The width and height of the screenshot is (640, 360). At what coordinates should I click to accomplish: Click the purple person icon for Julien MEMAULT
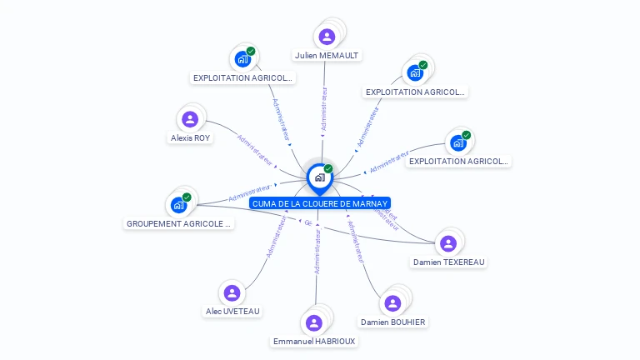[327, 37]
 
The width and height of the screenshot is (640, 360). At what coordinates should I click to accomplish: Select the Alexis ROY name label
[191, 138]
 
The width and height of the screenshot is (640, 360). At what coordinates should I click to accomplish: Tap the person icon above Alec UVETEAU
[232, 293]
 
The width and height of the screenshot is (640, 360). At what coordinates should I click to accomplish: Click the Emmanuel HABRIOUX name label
[314, 341]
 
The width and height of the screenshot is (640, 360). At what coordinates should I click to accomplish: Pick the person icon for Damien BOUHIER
[392, 304]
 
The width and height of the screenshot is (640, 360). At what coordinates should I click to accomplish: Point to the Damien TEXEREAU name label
[448, 262]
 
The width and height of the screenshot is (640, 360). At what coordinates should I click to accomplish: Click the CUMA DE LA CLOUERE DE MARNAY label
[320, 203]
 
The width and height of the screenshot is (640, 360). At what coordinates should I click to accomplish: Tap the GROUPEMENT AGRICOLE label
[179, 224]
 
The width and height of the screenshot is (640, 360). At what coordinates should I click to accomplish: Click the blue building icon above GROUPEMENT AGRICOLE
[178, 205]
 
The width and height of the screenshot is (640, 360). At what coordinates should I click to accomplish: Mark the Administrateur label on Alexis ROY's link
[255, 147]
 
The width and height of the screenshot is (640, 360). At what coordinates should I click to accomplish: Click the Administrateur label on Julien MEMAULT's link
[323, 108]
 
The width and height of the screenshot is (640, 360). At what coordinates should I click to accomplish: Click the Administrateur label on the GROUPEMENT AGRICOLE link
[250, 193]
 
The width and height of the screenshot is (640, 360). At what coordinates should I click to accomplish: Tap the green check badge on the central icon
[328, 169]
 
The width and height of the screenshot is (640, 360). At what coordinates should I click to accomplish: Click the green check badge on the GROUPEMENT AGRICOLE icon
[187, 197]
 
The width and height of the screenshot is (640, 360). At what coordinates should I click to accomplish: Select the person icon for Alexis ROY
[190, 119]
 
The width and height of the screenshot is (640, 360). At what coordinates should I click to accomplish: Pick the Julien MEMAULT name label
[327, 56]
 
